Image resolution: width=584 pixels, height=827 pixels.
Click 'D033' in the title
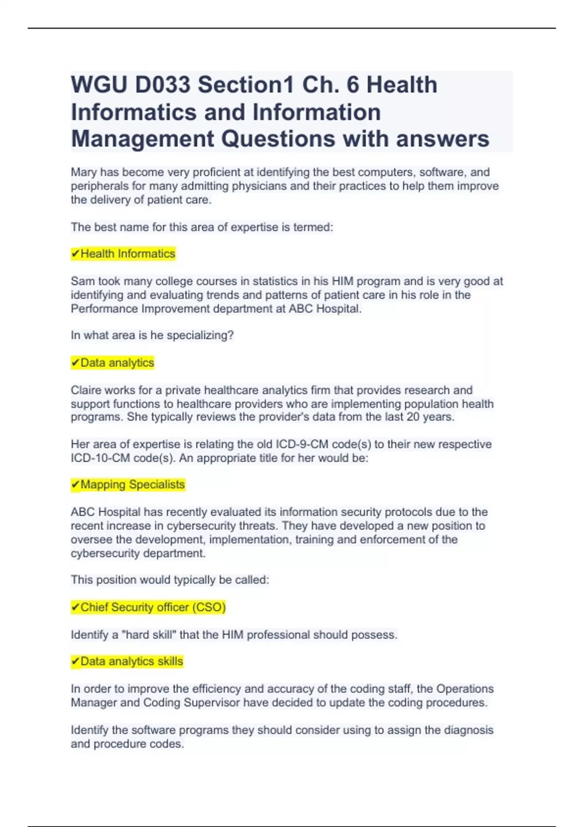[x=163, y=85]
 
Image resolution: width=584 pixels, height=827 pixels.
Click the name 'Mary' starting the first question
[x=84, y=172]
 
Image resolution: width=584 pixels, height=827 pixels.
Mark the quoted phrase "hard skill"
[x=150, y=635]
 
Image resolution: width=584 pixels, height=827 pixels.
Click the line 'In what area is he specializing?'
[x=152, y=336]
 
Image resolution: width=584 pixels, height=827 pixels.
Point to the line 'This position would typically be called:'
[x=170, y=580]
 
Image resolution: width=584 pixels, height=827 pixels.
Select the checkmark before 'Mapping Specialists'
[x=75, y=485]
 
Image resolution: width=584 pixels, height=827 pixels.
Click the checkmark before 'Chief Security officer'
[x=75, y=607]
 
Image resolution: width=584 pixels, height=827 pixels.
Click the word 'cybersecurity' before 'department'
[x=104, y=553]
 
